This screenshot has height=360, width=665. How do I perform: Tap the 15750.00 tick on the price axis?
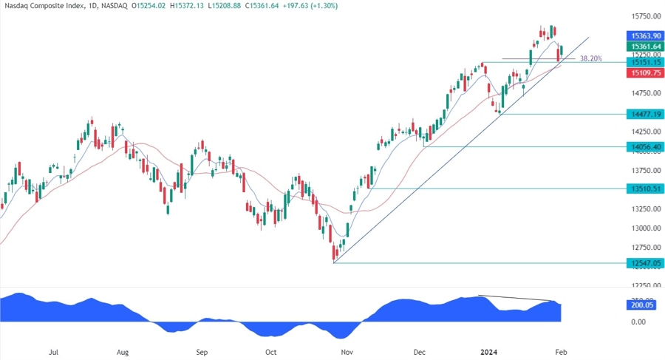(644, 16)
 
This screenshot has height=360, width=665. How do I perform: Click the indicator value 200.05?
(641, 305)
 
